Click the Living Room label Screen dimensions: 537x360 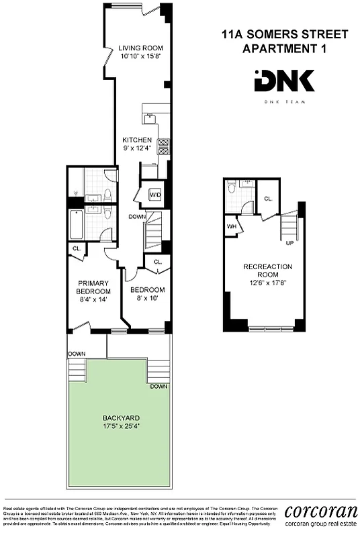[x=137, y=48]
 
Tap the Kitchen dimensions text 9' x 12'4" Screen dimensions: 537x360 [x=136, y=148]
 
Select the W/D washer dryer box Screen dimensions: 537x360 [x=155, y=195]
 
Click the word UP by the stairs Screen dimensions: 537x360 [x=289, y=242]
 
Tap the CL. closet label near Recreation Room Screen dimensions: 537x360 [x=267, y=199]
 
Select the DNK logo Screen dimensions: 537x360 [x=284, y=81]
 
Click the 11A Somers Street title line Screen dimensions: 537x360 [x=285, y=34]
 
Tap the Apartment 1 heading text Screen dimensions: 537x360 [x=285, y=48]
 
